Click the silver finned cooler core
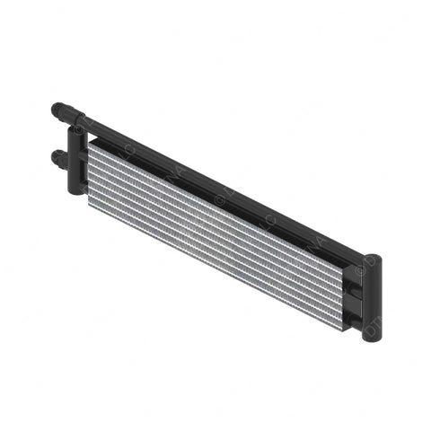(215, 233)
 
